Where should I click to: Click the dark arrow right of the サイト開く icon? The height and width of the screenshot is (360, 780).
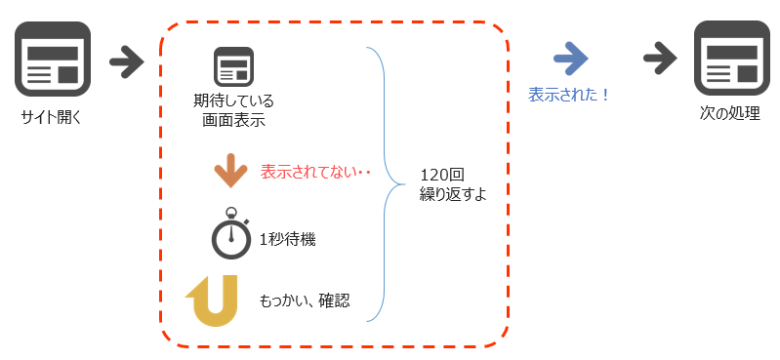(x=126, y=61)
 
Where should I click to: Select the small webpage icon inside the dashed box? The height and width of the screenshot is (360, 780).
(x=233, y=66)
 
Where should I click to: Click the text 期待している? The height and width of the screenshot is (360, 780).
(x=234, y=101)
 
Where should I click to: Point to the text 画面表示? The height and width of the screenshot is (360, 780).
(x=234, y=121)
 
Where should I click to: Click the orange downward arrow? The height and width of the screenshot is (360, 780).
(x=230, y=170)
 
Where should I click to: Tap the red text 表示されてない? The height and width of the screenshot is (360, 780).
(x=315, y=172)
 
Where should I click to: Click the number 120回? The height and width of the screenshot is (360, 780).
(x=441, y=175)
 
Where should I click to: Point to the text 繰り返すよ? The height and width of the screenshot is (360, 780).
(x=452, y=194)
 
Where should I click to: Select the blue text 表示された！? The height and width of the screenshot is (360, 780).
(x=569, y=95)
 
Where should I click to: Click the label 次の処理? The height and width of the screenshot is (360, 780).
(x=730, y=113)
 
